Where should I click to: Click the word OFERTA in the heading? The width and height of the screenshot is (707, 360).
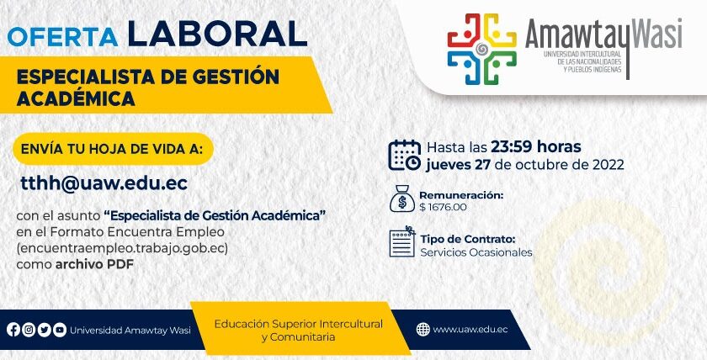pyautogui.click(x=63, y=37)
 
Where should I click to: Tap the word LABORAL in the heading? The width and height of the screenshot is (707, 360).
pyautogui.click(x=217, y=34)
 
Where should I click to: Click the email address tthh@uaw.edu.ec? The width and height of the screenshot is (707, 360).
pyautogui.click(x=104, y=183)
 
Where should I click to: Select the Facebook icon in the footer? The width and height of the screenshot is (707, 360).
pyautogui.click(x=13, y=330)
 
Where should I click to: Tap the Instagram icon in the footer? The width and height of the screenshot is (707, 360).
pyautogui.click(x=29, y=330)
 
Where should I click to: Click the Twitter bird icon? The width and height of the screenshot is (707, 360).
pyautogui.click(x=44, y=330)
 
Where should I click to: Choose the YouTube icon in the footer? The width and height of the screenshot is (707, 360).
pyautogui.click(x=60, y=330)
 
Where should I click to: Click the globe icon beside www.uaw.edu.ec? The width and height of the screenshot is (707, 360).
pyautogui.click(x=423, y=330)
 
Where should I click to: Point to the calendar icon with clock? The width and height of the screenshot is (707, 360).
pyautogui.click(x=405, y=156)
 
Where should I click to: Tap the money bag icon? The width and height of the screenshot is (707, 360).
pyautogui.click(x=401, y=199)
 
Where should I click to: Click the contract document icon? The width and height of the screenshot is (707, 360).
pyautogui.click(x=402, y=241)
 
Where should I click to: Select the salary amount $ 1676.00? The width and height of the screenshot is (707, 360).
pyautogui.click(x=443, y=207)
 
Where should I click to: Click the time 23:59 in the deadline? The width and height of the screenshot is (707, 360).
pyautogui.click(x=511, y=147)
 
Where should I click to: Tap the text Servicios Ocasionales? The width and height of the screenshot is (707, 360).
pyautogui.click(x=476, y=252)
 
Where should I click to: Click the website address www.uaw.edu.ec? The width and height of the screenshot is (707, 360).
pyautogui.click(x=470, y=330)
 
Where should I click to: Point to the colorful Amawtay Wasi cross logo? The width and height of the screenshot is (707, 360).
pyautogui.click(x=481, y=49)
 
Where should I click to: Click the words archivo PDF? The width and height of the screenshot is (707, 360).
pyautogui.click(x=94, y=264)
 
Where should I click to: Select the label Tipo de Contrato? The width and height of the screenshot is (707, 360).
pyautogui.click(x=468, y=239)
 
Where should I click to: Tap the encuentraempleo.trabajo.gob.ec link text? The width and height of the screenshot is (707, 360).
pyautogui.click(x=122, y=249)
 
